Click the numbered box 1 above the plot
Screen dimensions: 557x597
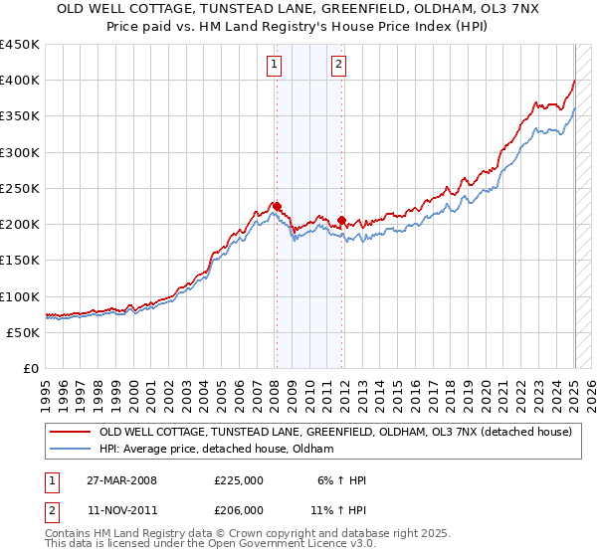pos(274,66)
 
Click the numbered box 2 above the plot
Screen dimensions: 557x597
pos(338,66)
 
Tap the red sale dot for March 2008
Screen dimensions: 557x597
pos(277,207)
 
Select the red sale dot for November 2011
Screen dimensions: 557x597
pos(341,220)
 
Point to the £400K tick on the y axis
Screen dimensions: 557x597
pos(19,81)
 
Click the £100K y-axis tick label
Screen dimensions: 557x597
pos(19,296)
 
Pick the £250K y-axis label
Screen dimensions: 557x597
pos(19,188)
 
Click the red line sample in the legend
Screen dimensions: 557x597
pos(71,433)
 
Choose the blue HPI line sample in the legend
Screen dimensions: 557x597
pos(71,450)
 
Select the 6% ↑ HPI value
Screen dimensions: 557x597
pos(344,480)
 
